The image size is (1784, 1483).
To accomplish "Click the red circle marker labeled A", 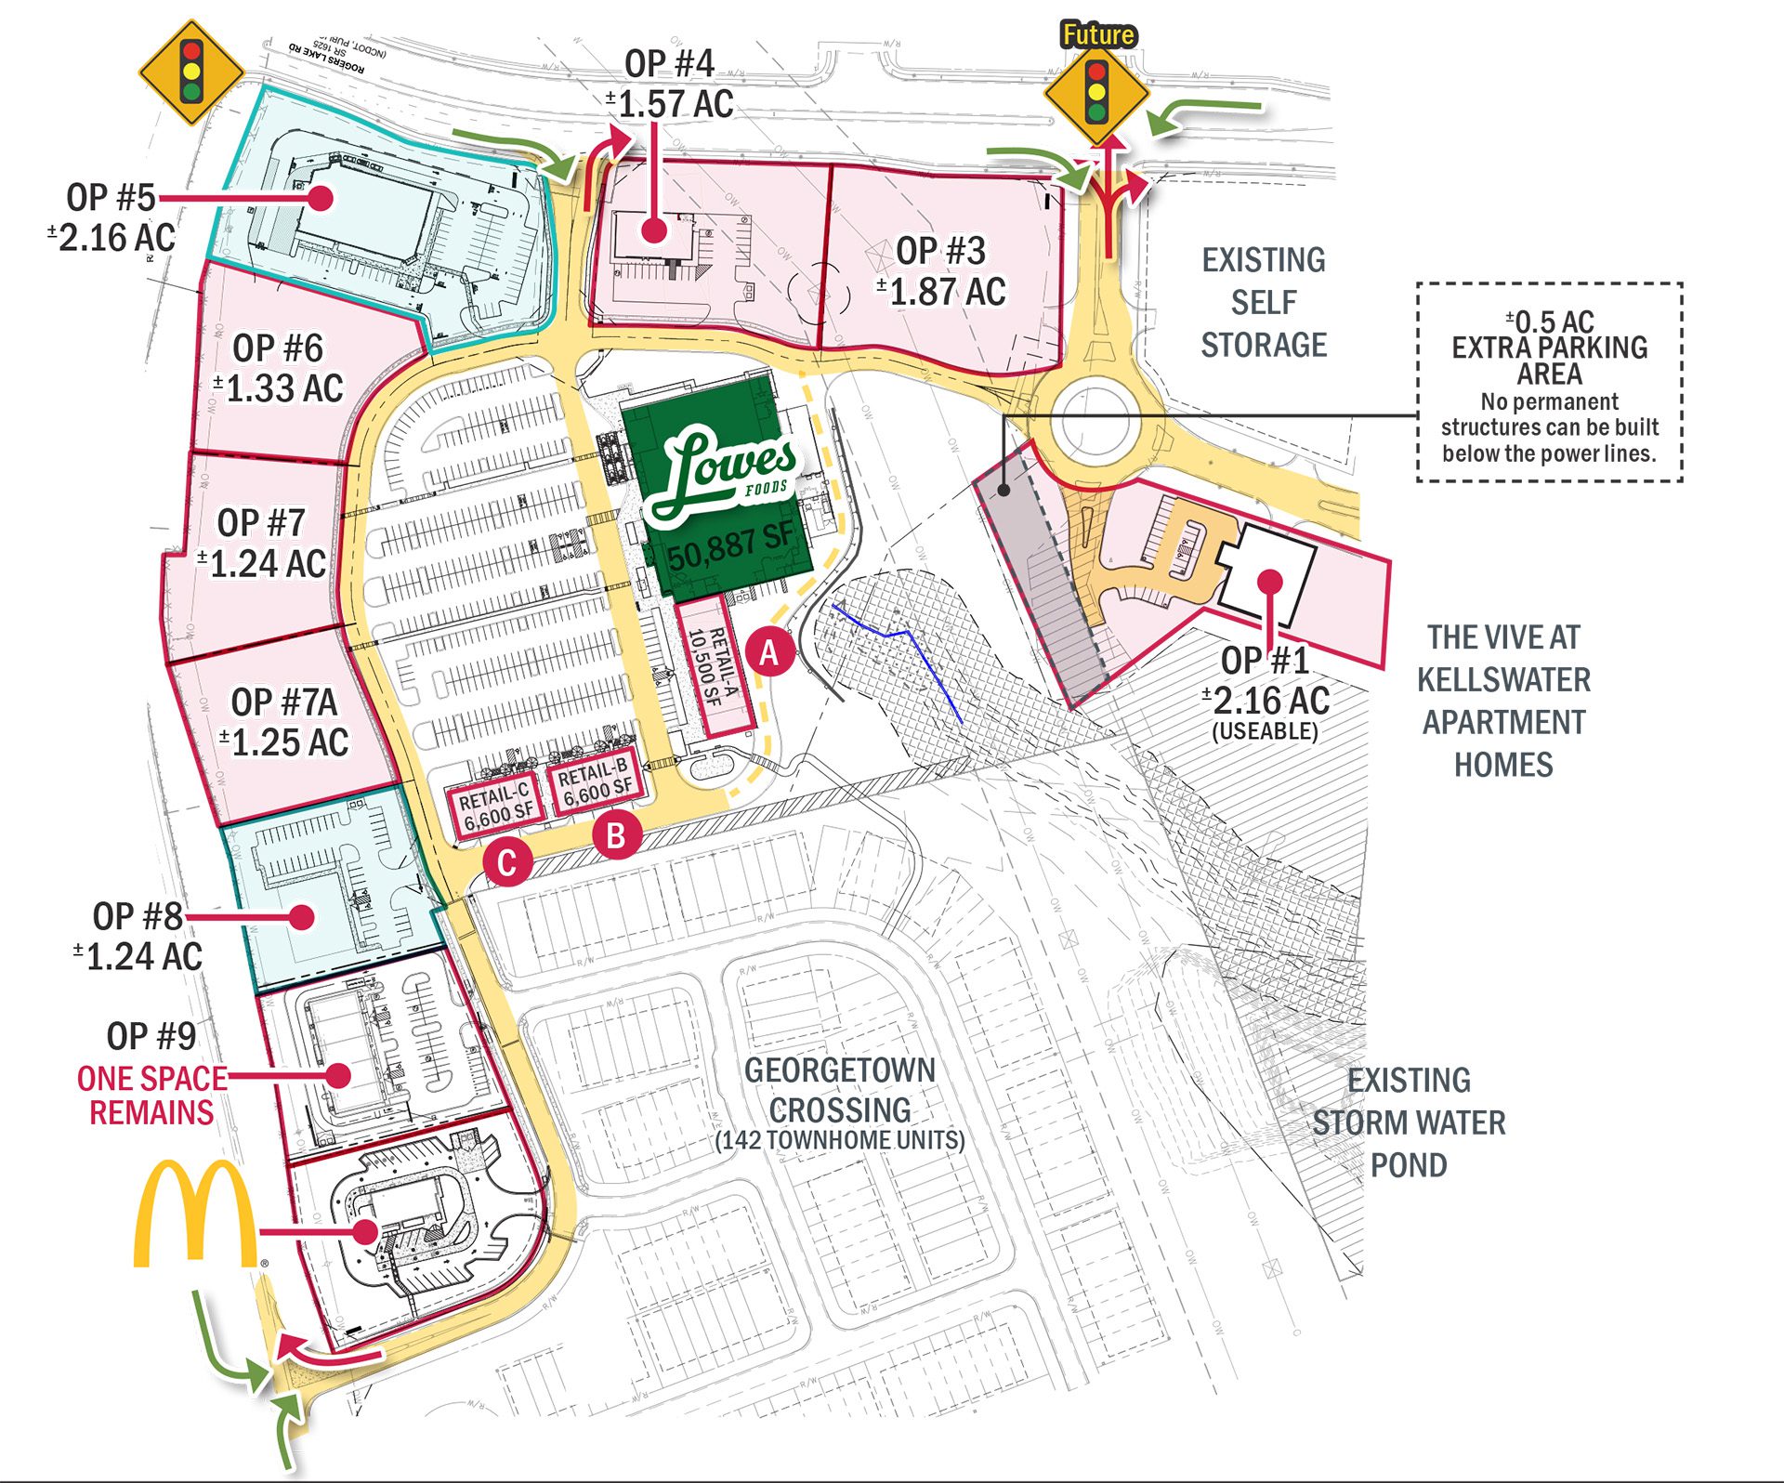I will point(769,653).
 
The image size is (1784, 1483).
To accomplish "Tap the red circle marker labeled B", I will point(616,835).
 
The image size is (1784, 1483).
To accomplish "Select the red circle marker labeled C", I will point(506,863).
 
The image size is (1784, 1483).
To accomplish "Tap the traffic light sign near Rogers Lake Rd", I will point(191,72).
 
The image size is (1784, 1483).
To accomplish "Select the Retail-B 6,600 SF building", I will point(596,781).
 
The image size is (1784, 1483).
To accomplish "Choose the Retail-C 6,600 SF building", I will point(496,805).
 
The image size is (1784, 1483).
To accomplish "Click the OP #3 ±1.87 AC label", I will point(940,271).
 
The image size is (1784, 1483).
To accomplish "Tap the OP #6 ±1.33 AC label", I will point(278,369).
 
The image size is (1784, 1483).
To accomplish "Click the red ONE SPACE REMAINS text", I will point(151,1096).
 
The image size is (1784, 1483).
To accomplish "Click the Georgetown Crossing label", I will point(839,1090).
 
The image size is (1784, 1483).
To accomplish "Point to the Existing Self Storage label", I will point(1264,303).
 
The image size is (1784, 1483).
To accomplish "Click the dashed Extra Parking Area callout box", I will point(1549,383).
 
